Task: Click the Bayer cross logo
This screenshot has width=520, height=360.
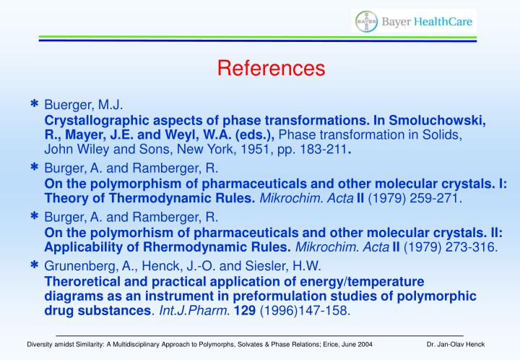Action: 366,22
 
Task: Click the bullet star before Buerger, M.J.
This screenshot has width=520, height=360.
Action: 34,106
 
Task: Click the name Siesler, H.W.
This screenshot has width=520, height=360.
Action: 294,266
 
